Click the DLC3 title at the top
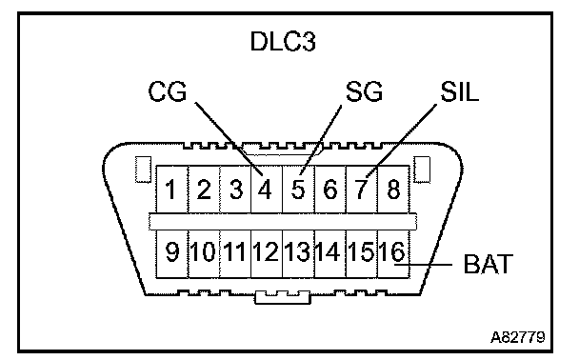click(x=283, y=41)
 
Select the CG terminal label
click(x=168, y=91)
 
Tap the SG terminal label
click(x=364, y=91)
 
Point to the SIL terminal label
click(x=459, y=91)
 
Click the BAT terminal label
click(x=489, y=264)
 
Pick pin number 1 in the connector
click(x=170, y=190)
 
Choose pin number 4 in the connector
click(x=266, y=190)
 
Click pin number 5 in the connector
click(x=298, y=190)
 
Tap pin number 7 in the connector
click(x=362, y=190)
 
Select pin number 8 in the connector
click(x=393, y=190)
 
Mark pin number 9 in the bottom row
click(x=172, y=251)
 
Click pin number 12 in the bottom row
click(x=266, y=251)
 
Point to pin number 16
click(x=392, y=251)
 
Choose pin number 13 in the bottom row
click(x=297, y=251)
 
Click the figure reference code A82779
click(x=518, y=337)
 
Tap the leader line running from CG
click(x=229, y=139)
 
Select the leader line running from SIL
click(x=401, y=141)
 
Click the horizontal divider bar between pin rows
click(x=283, y=222)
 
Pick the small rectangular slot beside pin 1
click(x=143, y=170)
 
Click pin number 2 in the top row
click(x=204, y=190)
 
